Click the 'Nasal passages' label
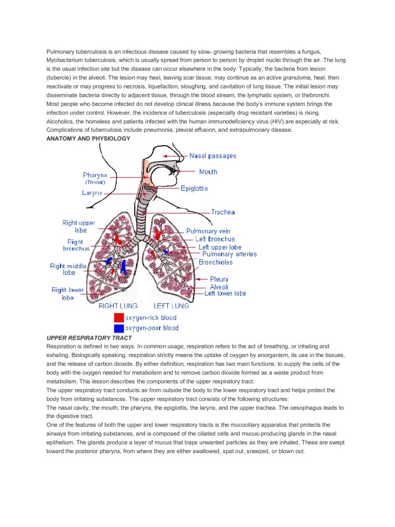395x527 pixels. tap(213, 155)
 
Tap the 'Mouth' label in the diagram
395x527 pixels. tap(208, 172)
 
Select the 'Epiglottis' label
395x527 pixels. tap(194, 189)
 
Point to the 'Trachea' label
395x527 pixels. tap(223, 212)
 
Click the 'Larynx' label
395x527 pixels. tap(92, 193)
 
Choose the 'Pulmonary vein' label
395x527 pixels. tap(208, 232)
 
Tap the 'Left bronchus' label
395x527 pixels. tap(215, 239)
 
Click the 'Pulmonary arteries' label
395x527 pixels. tap(229, 254)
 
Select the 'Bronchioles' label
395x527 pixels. tap(216, 262)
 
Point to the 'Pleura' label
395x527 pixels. tap(219, 279)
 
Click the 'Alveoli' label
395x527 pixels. tap(219, 287)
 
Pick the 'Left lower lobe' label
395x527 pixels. tap(225, 293)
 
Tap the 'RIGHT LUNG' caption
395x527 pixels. tap(118, 306)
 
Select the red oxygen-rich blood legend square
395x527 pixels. tap(119, 318)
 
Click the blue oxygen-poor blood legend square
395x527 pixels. tap(119, 328)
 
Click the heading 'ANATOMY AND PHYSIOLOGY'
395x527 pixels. tap(88, 138)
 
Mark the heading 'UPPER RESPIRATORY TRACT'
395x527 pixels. tap(89, 338)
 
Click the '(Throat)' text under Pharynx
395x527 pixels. tap(95, 182)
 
